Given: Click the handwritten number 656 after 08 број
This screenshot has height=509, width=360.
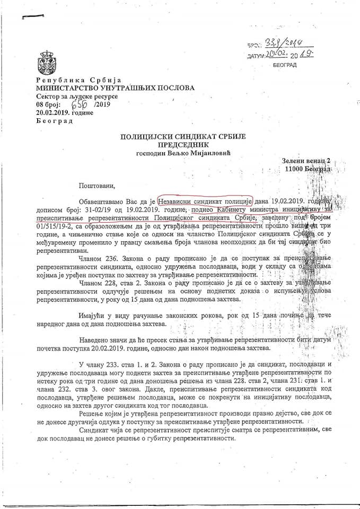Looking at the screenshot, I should [84, 104].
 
